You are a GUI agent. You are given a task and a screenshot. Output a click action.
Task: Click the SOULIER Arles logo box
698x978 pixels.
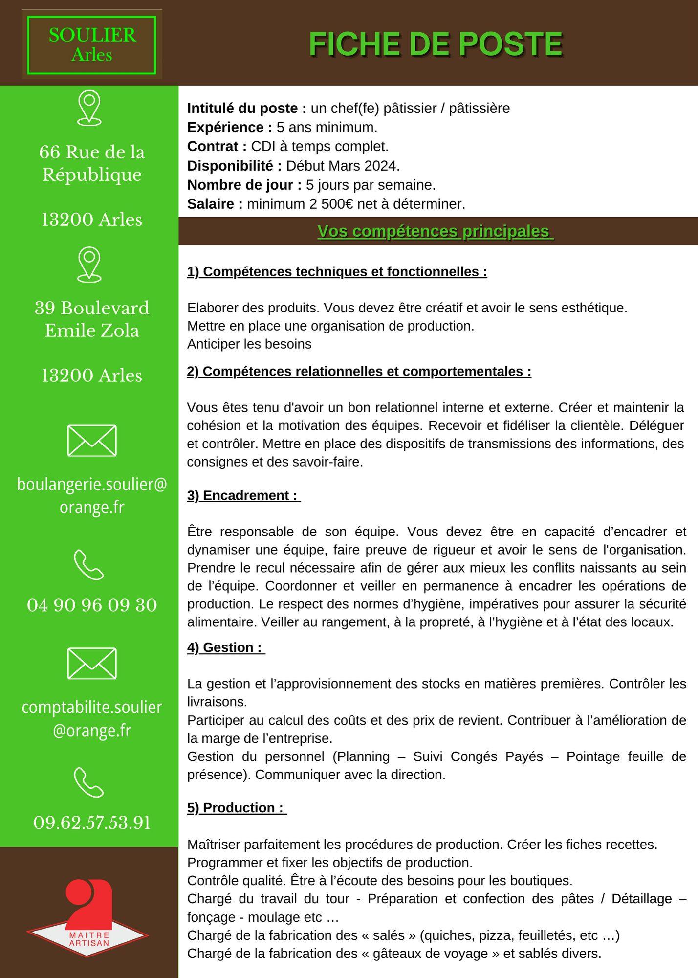click(92, 44)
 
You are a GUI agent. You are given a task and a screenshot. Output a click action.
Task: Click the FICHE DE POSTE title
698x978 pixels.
click(436, 44)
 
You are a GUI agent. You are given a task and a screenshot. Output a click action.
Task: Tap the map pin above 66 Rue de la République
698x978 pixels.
click(89, 108)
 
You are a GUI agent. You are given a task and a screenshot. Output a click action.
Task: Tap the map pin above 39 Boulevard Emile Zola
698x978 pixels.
click(89, 264)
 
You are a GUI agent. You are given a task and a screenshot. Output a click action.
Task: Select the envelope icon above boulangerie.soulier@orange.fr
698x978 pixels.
click(92, 441)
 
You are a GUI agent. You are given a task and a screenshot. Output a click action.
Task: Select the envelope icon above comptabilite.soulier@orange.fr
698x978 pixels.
click(92, 664)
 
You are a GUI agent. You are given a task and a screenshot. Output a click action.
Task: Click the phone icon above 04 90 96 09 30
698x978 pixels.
click(89, 565)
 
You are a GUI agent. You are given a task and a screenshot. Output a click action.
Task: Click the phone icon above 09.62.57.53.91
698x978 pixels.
click(89, 782)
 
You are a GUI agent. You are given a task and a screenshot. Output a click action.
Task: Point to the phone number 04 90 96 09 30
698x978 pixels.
click(92, 605)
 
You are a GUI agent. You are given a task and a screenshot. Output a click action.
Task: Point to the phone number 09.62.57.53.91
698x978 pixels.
click(92, 822)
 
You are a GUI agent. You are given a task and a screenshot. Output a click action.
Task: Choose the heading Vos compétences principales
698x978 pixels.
click(435, 231)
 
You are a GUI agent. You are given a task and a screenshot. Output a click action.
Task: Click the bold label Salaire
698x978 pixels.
click(215, 204)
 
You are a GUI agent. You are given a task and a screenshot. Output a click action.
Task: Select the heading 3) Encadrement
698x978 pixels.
click(243, 495)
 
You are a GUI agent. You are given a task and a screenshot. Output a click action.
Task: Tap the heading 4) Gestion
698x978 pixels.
click(225, 647)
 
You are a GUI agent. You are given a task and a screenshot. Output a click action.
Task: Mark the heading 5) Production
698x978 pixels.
click(236, 808)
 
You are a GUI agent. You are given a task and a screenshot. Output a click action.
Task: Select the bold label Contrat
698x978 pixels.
click(217, 146)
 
